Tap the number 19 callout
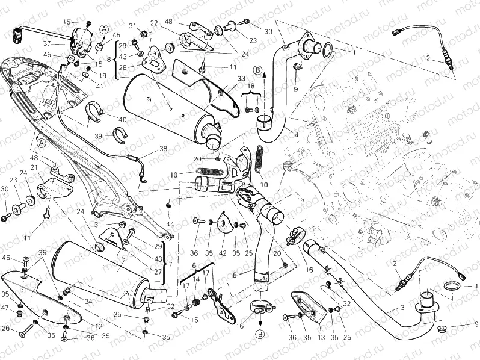point(103,76)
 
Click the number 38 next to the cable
point(146,149)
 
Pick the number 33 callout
point(224,79)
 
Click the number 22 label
point(154,23)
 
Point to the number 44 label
point(170,224)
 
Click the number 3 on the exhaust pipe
point(402,308)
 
